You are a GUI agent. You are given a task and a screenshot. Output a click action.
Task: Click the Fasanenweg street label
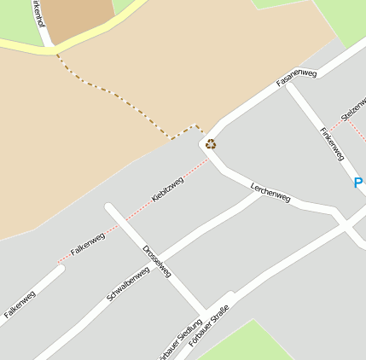tap(297, 78)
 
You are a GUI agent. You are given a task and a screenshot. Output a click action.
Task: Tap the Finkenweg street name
tap(330, 143)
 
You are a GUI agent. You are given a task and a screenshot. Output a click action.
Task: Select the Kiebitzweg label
tap(167, 189)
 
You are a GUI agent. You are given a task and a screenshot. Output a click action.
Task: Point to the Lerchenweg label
tap(270, 192)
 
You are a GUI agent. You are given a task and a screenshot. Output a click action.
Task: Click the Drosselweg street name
tap(158, 261)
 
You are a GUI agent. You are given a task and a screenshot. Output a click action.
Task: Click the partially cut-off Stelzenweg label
tap(353, 114)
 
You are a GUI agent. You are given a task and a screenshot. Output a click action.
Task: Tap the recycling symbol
tap(211, 143)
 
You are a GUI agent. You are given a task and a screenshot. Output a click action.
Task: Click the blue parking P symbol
tap(359, 183)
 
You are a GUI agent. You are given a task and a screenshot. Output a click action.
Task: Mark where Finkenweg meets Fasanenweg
tap(289, 84)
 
